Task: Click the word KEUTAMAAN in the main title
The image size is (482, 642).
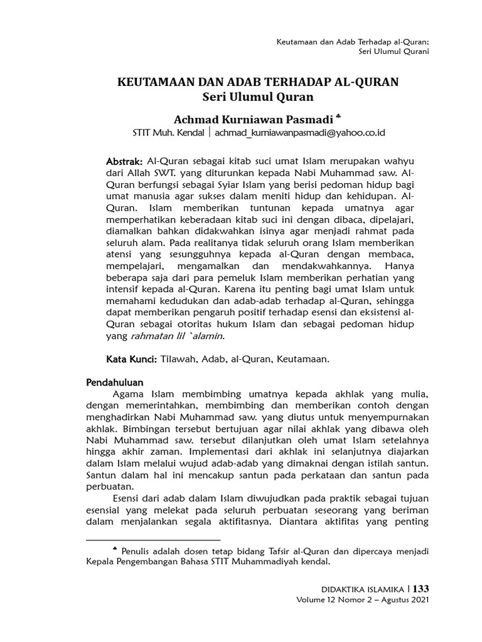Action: point(149,82)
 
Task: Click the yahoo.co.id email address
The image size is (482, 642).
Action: point(299,133)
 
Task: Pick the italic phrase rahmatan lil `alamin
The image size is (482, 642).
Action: point(177,336)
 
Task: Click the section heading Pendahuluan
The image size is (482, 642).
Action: point(115,382)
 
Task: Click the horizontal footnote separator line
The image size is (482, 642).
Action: point(153,539)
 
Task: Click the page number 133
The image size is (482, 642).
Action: point(420,589)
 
